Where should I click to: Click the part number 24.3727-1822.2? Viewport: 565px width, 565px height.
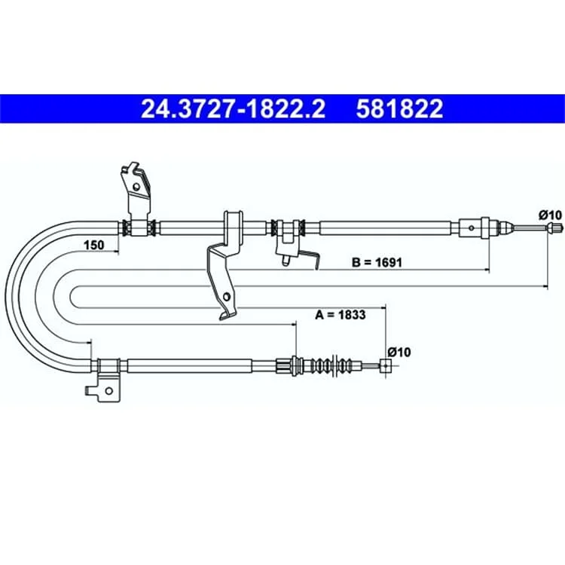click(233, 108)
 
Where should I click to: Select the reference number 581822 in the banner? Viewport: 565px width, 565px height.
click(399, 108)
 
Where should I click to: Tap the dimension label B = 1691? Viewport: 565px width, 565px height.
click(377, 262)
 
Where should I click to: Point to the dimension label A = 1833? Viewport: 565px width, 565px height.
click(341, 315)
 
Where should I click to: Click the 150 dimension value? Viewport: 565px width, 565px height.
click(93, 245)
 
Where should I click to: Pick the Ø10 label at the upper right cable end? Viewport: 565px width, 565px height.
click(550, 215)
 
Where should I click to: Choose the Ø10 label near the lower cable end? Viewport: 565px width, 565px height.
click(399, 352)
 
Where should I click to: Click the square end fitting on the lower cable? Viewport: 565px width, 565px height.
click(386, 365)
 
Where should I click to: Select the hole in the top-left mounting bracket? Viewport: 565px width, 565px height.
click(136, 187)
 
